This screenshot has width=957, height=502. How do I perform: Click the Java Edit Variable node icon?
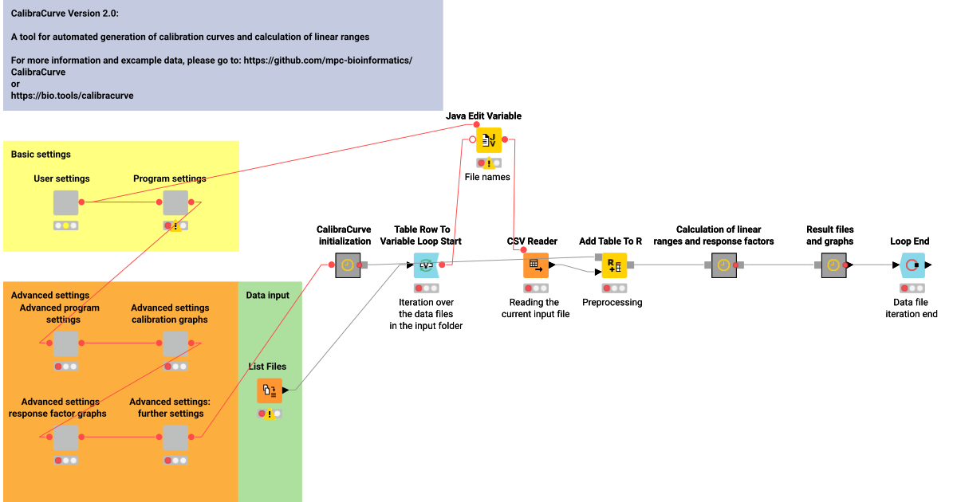pos(489,140)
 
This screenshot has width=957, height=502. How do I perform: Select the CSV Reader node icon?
pos(535,265)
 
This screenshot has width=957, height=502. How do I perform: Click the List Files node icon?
pos(270,390)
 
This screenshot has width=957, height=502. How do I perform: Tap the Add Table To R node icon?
pos(614,265)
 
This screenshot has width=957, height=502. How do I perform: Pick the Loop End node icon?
pos(912,265)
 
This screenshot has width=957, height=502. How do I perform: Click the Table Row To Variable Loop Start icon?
pos(426,265)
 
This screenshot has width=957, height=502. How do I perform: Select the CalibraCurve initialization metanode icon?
pos(348,265)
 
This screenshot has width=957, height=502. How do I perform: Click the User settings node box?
pos(66,202)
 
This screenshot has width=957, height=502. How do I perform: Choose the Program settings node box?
pos(175,202)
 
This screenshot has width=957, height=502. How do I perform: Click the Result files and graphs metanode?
pos(833,265)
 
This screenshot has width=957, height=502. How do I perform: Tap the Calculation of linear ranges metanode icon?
pos(724,265)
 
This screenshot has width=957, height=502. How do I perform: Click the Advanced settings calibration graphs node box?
pos(175,344)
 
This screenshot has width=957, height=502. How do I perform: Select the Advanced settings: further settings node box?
pos(175,437)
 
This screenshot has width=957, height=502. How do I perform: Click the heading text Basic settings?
pos(41,155)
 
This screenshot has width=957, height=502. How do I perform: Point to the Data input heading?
pos(267,296)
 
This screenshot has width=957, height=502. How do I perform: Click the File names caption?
pos(487,177)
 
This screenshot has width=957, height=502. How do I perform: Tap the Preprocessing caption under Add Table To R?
pos(612,303)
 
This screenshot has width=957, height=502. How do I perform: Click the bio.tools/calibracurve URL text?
pos(72,96)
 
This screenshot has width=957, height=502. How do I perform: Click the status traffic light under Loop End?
pos(912,288)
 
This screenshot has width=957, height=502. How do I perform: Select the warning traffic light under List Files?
pos(270,414)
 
